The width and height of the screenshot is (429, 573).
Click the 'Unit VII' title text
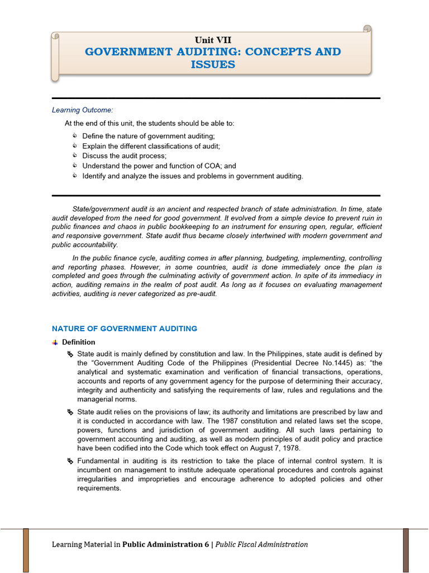click(x=212, y=40)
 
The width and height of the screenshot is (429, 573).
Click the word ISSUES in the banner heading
click(x=212, y=64)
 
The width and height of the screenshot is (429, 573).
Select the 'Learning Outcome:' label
click(x=82, y=110)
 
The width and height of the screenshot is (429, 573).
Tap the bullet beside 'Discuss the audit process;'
click(x=75, y=156)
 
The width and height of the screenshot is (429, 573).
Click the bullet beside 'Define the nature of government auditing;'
click(x=75, y=136)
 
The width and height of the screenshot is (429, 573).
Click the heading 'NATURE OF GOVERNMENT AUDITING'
click(x=125, y=328)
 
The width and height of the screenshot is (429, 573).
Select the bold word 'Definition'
click(x=79, y=342)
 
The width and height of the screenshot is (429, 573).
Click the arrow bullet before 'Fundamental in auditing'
click(x=70, y=461)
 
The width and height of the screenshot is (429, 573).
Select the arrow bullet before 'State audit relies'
click(x=70, y=412)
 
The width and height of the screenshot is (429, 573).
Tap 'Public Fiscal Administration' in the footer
click(x=261, y=544)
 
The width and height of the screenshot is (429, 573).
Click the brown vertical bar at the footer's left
click(x=26, y=550)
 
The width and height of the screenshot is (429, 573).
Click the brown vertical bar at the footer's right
click(x=406, y=550)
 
